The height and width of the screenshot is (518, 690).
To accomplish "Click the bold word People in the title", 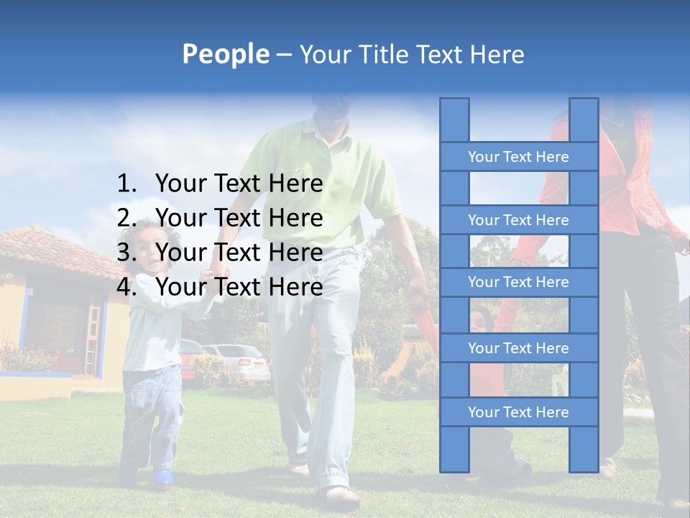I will tap(225, 54).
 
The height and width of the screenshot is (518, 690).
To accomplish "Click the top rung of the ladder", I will tap(518, 157).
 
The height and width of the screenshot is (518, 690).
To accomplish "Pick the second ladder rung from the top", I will tap(518, 220).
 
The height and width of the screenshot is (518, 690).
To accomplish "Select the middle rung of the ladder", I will tap(518, 282).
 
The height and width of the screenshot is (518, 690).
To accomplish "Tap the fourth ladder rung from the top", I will tap(518, 348).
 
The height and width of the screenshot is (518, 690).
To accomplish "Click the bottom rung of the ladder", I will tap(518, 412).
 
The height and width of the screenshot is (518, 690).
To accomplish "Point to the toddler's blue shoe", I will tap(163, 478).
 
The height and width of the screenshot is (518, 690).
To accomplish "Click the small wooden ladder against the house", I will tap(92, 338).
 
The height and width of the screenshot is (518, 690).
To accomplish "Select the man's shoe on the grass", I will tap(341, 496).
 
